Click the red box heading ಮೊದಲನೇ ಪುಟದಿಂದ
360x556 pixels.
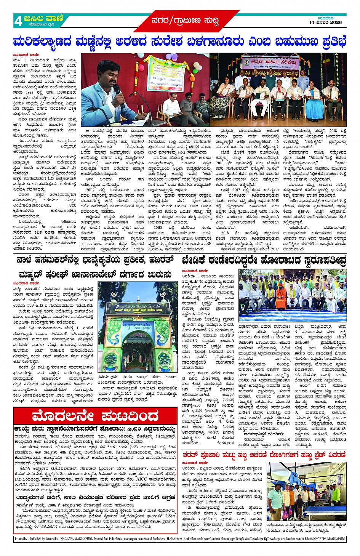pos(95,416)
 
